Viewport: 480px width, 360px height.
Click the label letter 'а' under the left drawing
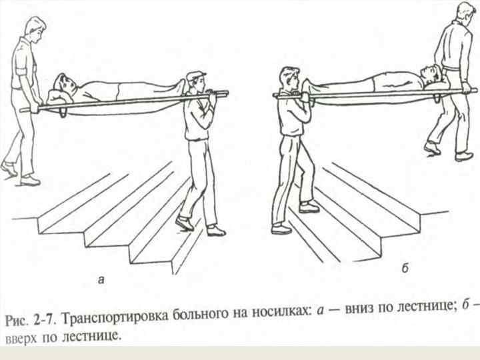coord(101,281)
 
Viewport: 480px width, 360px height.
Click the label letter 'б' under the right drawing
coord(405,269)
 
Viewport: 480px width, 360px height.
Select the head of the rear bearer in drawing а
coord(35,29)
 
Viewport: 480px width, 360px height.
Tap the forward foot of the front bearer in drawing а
coord(185,223)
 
